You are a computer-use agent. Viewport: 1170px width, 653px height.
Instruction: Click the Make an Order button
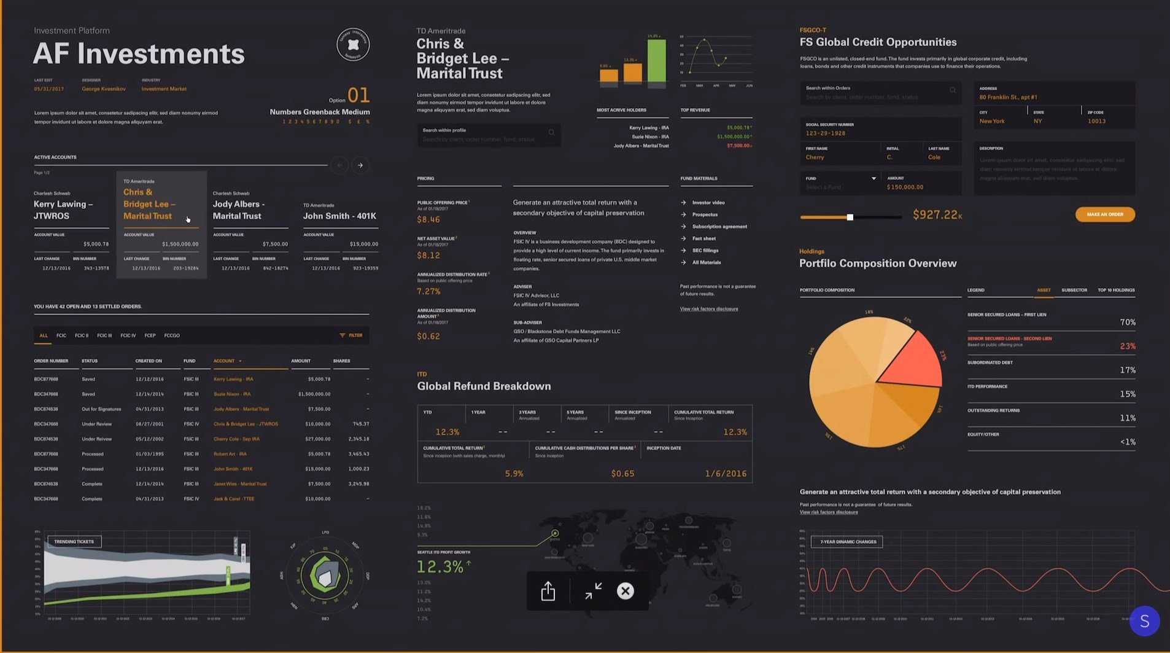click(x=1104, y=214)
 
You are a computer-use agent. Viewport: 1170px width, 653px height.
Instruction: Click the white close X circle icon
click(x=625, y=591)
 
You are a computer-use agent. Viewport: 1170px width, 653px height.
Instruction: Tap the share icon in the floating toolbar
click(x=548, y=591)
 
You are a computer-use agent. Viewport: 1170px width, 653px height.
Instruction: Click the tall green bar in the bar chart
click(x=656, y=60)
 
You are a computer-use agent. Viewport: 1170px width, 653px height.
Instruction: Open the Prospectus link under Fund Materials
click(x=705, y=214)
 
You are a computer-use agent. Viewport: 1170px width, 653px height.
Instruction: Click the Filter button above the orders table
click(x=351, y=335)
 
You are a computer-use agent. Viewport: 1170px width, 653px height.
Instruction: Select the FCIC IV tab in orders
click(x=128, y=335)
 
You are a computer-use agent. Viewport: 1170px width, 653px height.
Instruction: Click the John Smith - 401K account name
click(x=339, y=216)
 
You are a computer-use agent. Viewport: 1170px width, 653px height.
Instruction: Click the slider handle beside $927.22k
click(x=850, y=217)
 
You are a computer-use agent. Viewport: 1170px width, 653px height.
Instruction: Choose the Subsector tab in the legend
click(x=1074, y=290)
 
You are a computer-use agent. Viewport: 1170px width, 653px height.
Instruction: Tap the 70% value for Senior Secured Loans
click(x=1127, y=322)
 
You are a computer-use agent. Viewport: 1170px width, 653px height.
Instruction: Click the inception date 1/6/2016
click(x=726, y=474)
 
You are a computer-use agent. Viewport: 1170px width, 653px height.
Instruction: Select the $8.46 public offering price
click(x=428, y=219)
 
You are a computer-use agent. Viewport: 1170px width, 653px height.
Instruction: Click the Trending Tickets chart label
click(x=74, y=541)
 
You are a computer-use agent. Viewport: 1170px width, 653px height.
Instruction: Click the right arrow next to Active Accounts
click(x=360, y=165)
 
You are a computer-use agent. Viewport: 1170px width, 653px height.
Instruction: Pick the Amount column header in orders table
click(x=301, y=361)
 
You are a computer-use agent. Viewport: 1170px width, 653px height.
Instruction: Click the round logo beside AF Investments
click(x=353, y=45)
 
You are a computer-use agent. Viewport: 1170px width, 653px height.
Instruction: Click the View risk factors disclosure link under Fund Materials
click(x=708, y=309)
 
